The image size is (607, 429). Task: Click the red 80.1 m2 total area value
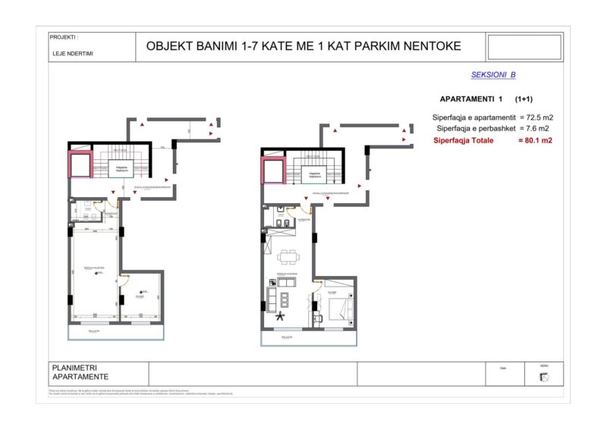[x=534, y=140]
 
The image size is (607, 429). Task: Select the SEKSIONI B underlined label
[x=493, y=75]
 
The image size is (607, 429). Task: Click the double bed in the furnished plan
[x=339, y=307]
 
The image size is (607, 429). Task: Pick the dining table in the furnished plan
[x=288, y=255]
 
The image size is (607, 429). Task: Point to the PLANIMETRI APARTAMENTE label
[x=80, y=372]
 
